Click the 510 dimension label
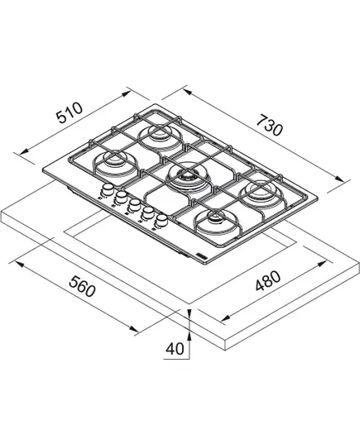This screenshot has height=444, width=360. (x=70, y=112)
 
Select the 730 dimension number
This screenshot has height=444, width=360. (x=270, y=125)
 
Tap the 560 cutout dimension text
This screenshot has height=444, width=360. (x=82, y=287)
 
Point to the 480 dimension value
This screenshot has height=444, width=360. (x=268, y=281)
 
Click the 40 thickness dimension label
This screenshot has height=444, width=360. (x=175, y=349)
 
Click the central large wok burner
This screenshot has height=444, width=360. (x=187, y=177)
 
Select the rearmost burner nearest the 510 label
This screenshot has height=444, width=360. (x=160, y=135)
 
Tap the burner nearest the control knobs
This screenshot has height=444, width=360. (x=115, y=162)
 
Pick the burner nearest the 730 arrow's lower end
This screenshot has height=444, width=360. (x=261, y=193)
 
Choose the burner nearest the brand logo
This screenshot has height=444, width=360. (x=217, y=222)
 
